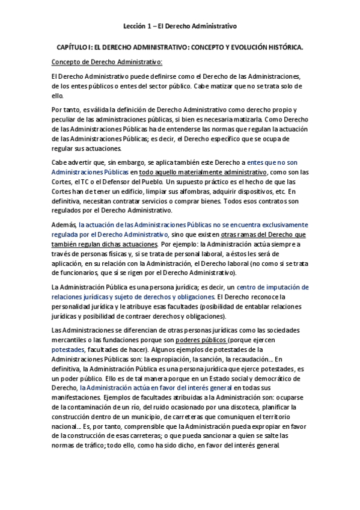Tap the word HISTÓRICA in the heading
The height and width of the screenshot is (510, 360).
tap(284, 46)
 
